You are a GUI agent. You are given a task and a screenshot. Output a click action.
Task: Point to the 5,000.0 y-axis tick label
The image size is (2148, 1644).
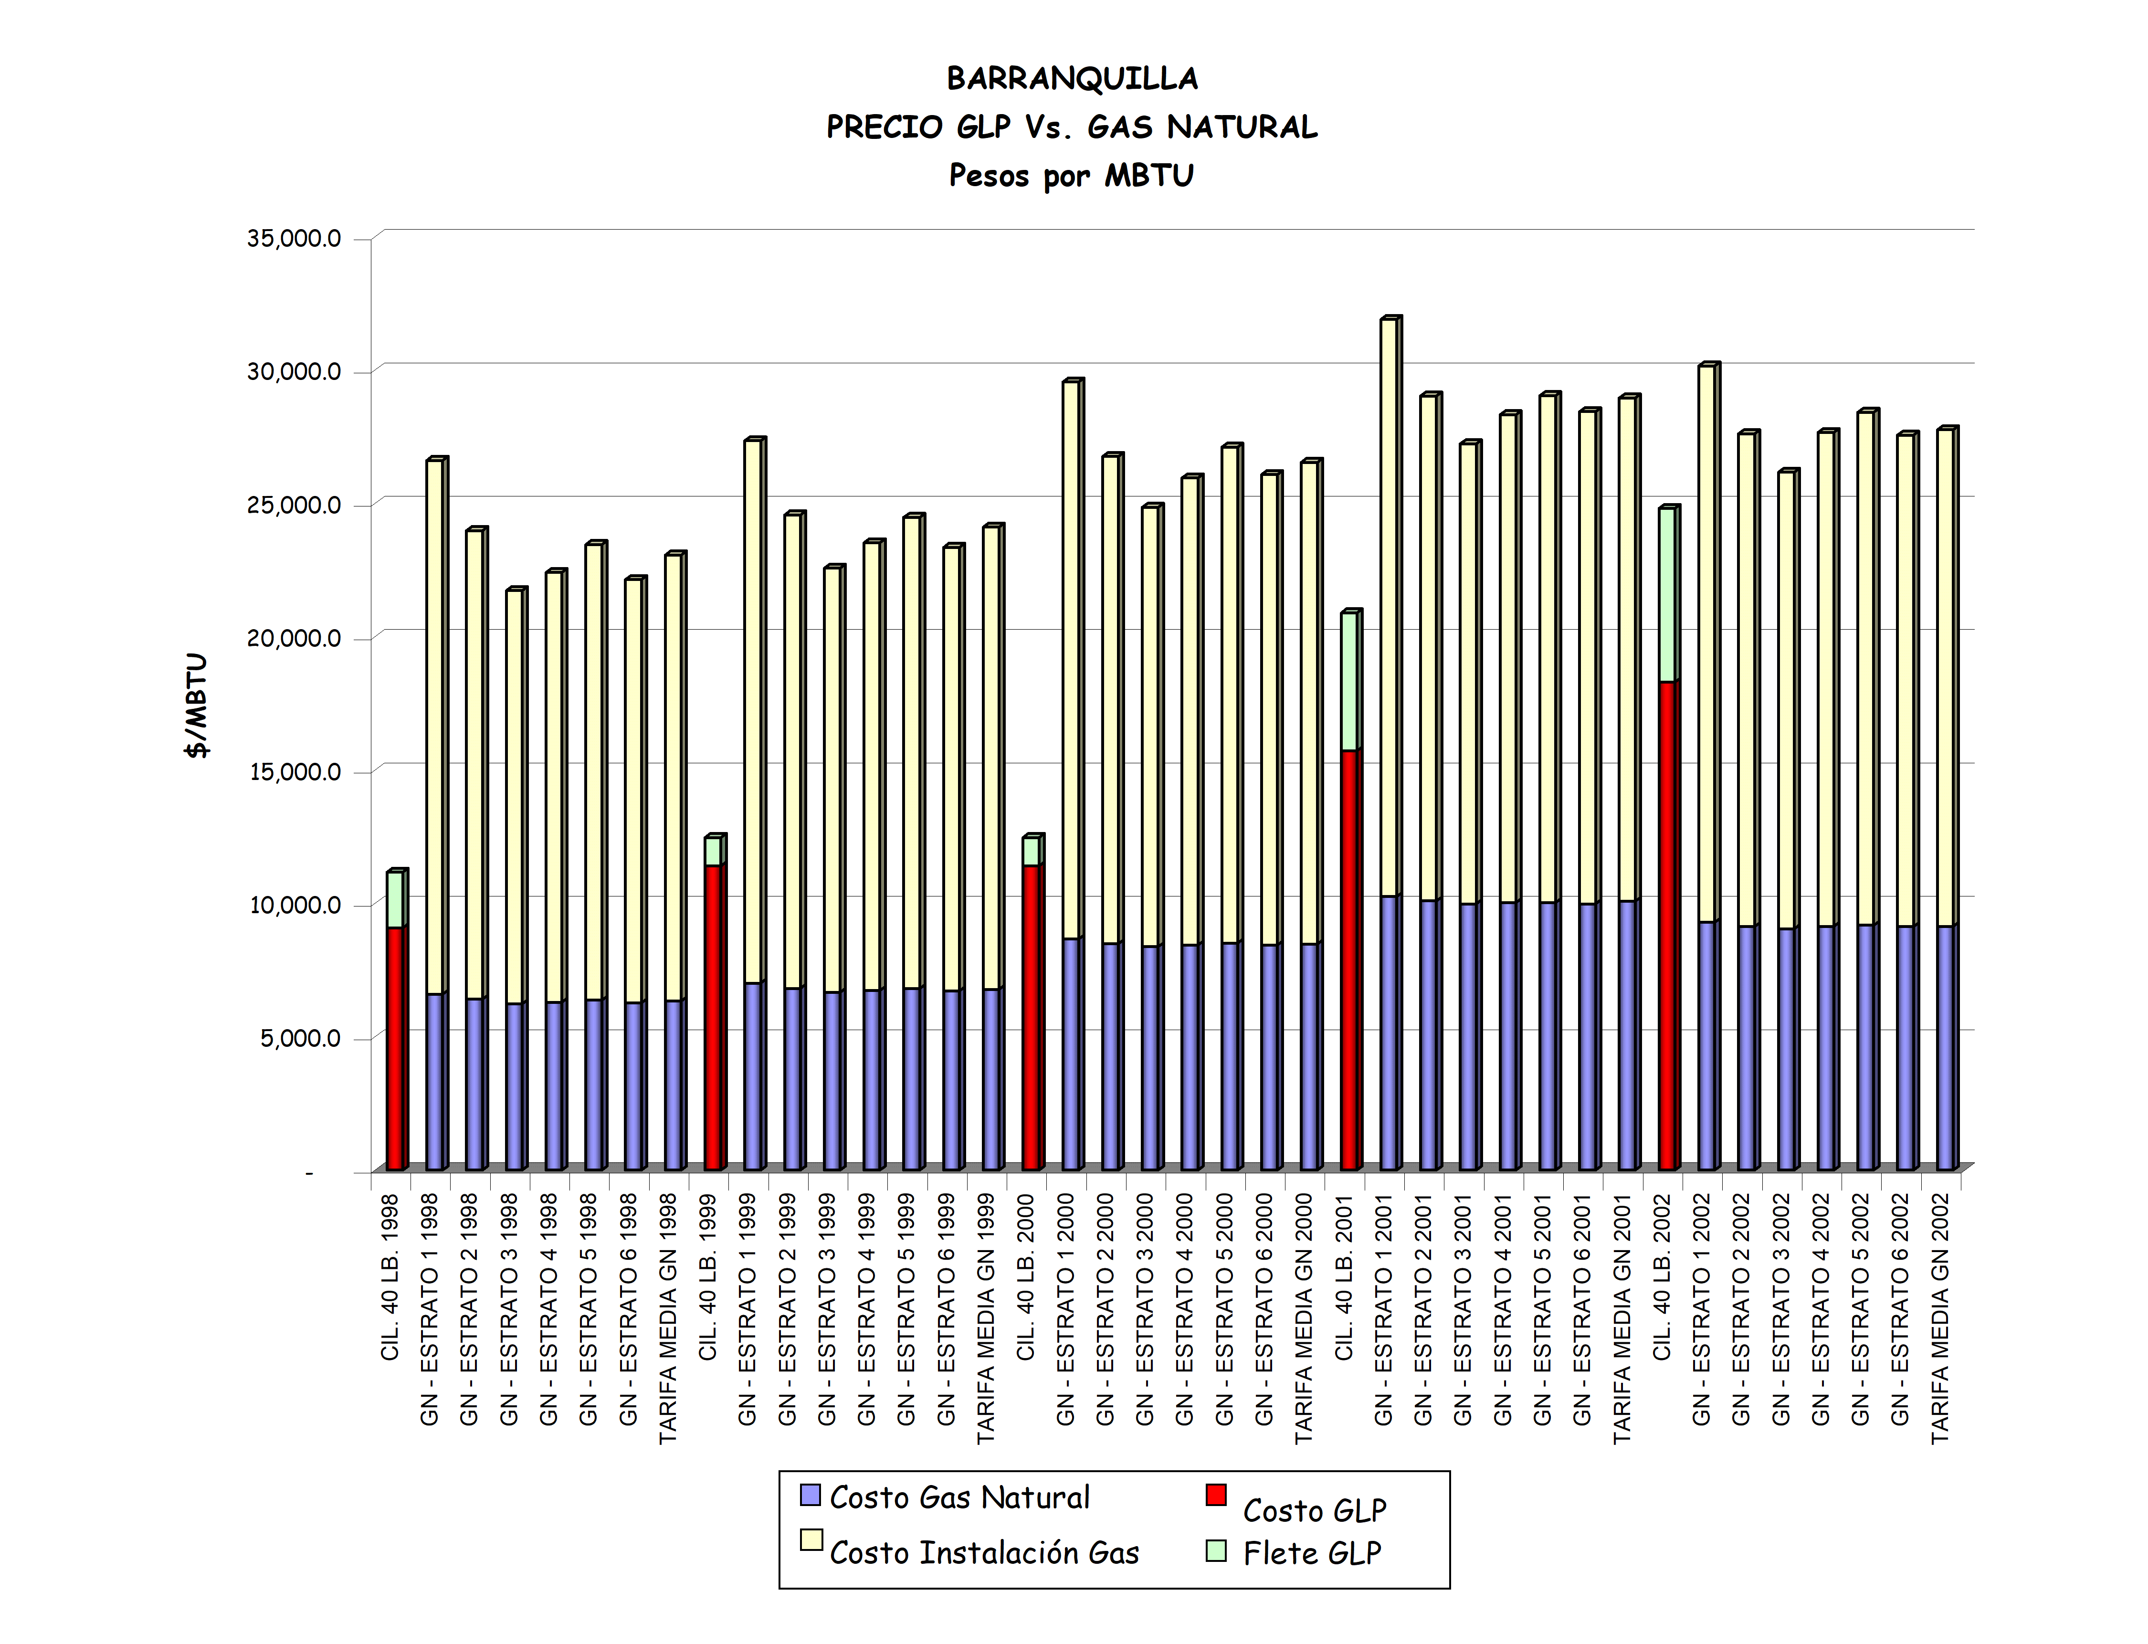(300, 1038)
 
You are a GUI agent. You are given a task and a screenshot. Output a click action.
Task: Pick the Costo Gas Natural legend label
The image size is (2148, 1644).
(959, 1498)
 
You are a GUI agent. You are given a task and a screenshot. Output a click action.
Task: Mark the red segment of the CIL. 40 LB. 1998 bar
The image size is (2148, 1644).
(394, 1047)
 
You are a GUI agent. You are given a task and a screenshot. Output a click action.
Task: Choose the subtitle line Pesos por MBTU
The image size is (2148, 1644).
(1072, 176)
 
